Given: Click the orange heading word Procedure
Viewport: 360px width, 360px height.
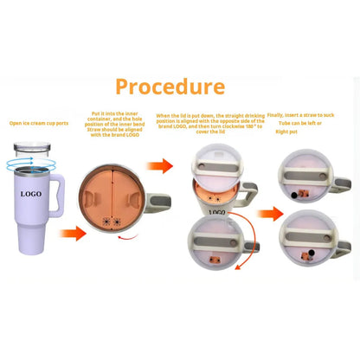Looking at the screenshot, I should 170,87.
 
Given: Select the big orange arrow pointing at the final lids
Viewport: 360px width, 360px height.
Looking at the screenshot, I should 269,212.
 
